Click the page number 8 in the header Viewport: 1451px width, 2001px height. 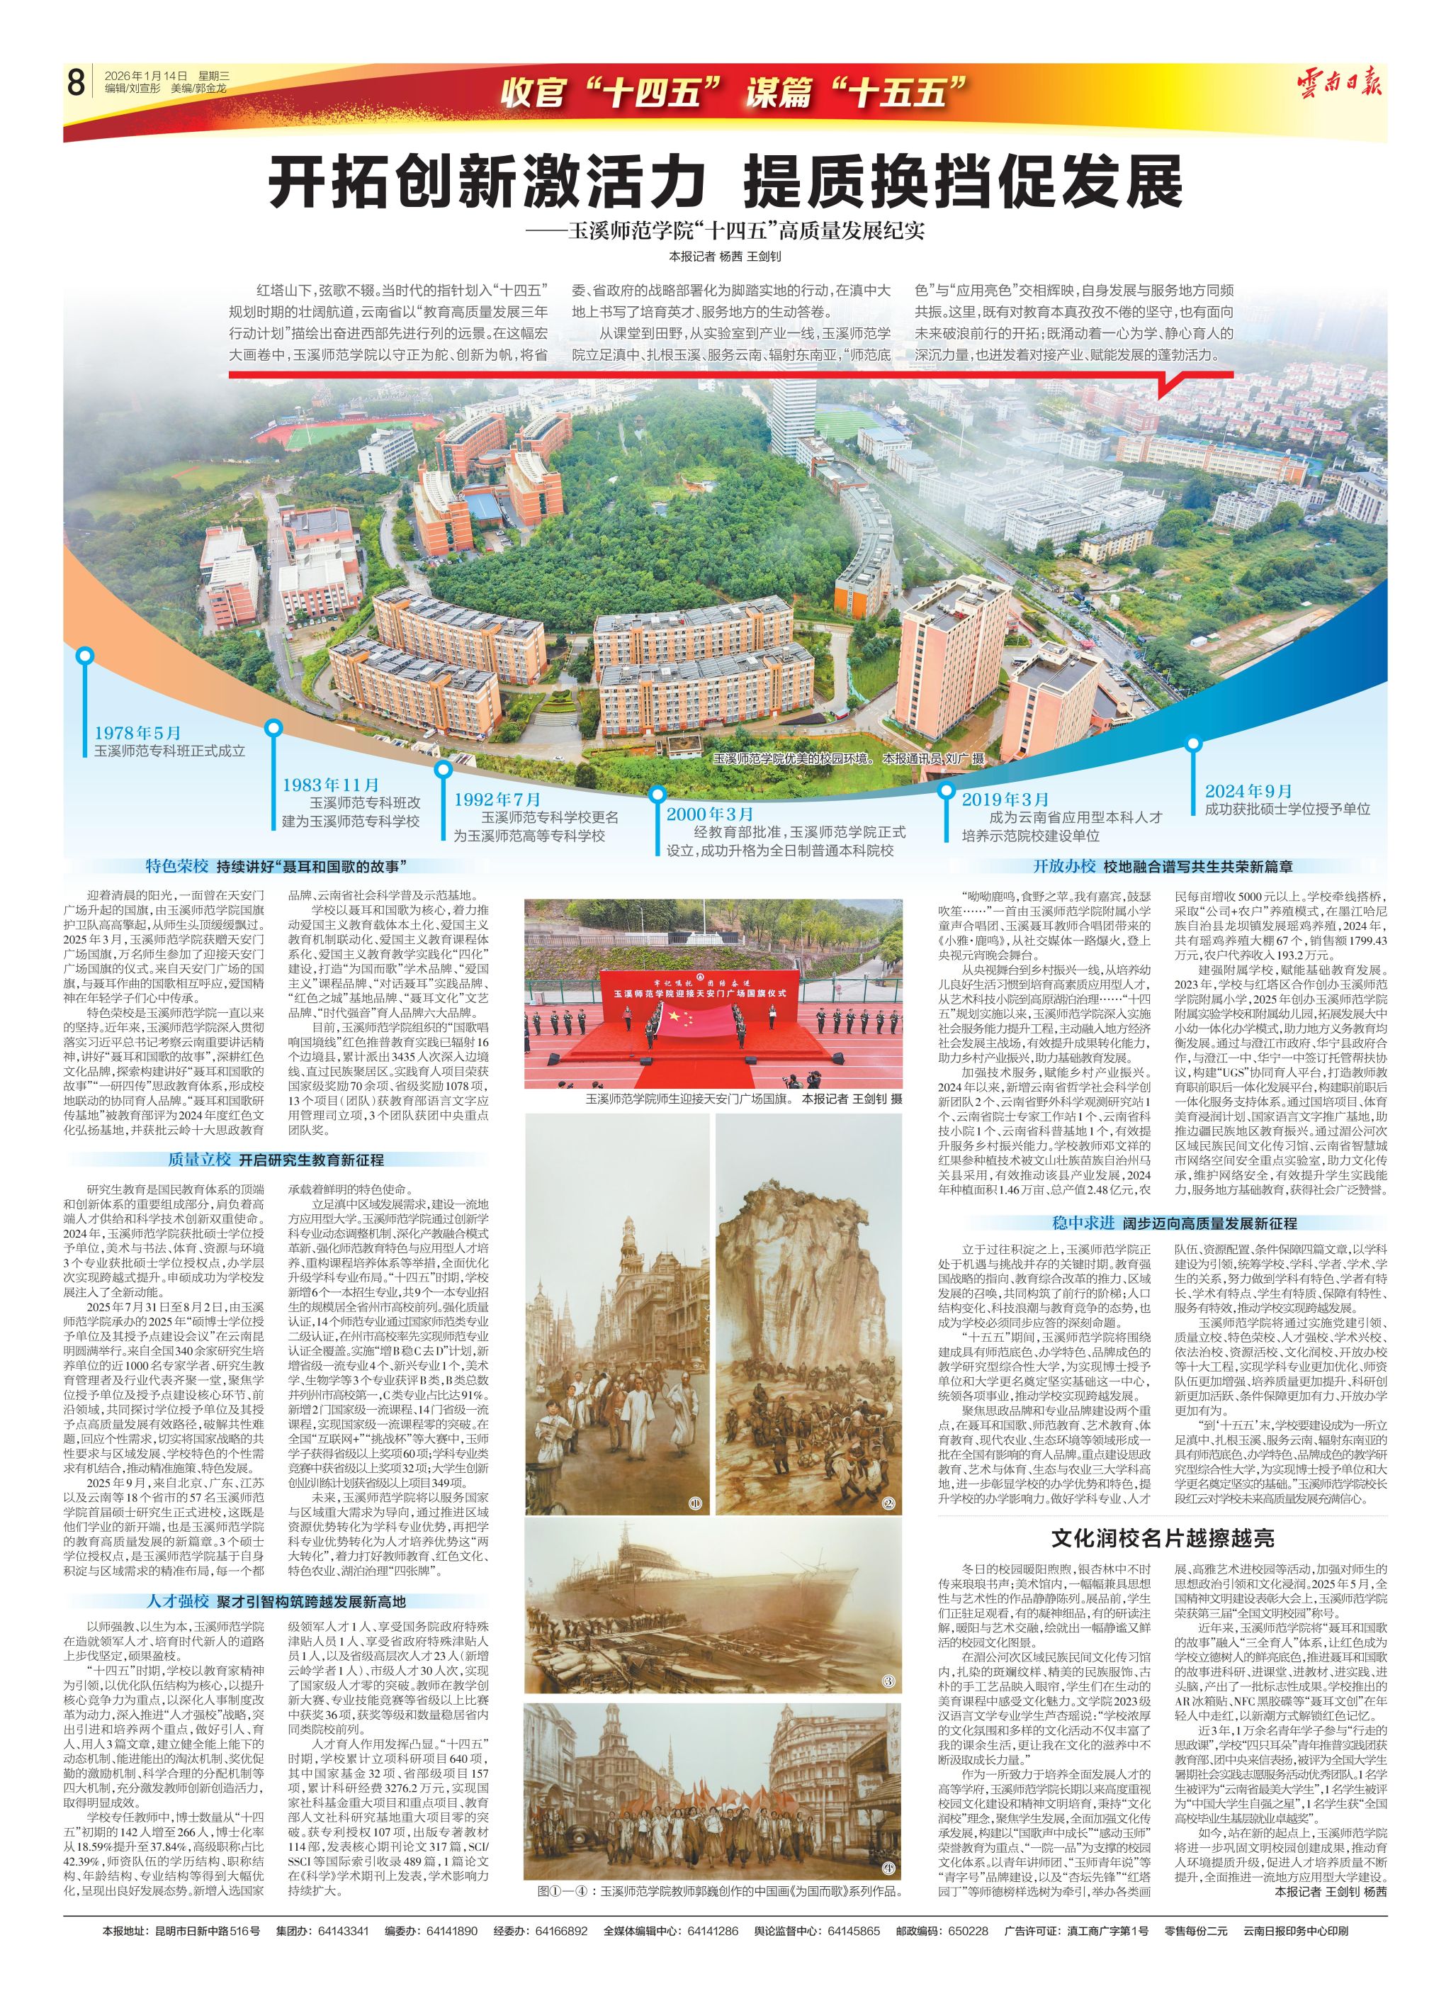point(76,84)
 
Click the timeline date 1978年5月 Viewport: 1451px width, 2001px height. point(137,733)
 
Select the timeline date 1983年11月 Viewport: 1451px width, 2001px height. point(331,785)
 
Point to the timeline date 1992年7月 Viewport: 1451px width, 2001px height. point(497,800)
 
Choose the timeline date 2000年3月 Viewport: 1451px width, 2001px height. point(710,814)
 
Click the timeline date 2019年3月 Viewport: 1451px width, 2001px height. point(1005,800)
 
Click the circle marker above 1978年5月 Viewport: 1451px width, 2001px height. point(85,656)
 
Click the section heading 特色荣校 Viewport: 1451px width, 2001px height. point(177,866)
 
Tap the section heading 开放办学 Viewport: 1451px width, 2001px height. point(1065,866)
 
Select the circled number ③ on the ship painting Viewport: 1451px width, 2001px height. point(888,1683)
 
